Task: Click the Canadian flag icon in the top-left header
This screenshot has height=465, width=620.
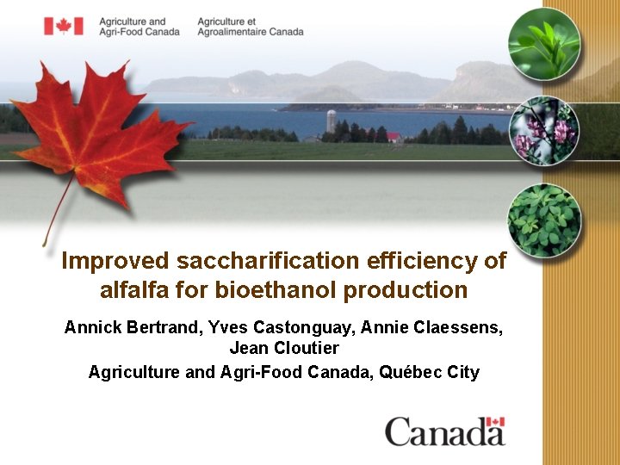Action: pyautogui.click(x=64, y=26)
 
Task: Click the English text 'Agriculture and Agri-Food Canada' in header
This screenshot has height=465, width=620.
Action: pyautogui.click(x=139, y=26)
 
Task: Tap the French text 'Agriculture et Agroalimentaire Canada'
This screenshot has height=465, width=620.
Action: pyautogui.click(x=250, y=26)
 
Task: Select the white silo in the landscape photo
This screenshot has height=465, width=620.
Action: pyautogui.click(x=331, y=121)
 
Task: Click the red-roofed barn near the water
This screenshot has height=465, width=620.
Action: pyautogui.click(x=394, y=136)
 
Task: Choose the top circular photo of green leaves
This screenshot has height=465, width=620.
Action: pyautogui.click(x=543, y=43)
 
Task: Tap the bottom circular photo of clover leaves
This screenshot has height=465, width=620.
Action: pyautogui.click(x=543, y=220)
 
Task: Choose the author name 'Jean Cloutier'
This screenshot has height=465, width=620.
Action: pyautogui.click(x=284, y=349)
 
